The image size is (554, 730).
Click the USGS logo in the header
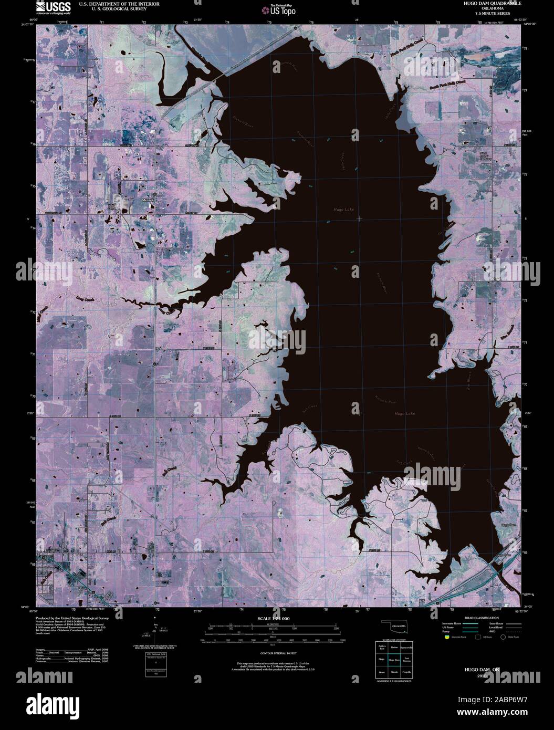pyautogui.click(x=54, y=7)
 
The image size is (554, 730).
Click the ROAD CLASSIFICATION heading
pyautogui.click(x=479, y=618)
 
